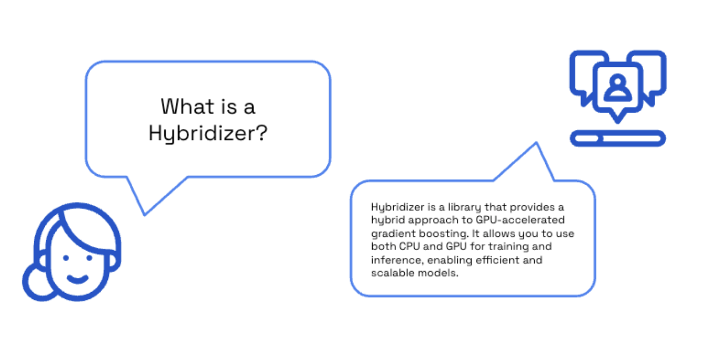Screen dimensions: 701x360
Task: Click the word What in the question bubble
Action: point(187,106)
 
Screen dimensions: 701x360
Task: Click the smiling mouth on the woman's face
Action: point(77,279)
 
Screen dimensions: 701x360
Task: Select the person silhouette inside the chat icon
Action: point(617,87)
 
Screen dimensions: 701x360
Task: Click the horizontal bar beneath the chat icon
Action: point(618,138)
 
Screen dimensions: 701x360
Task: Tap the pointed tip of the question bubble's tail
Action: point(145,215)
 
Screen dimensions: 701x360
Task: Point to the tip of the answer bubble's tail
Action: point(536,143)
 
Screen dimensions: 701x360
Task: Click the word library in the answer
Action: point(465,207)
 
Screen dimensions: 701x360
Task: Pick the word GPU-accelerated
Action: point(520,220)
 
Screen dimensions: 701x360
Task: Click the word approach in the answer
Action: point(433,221)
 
